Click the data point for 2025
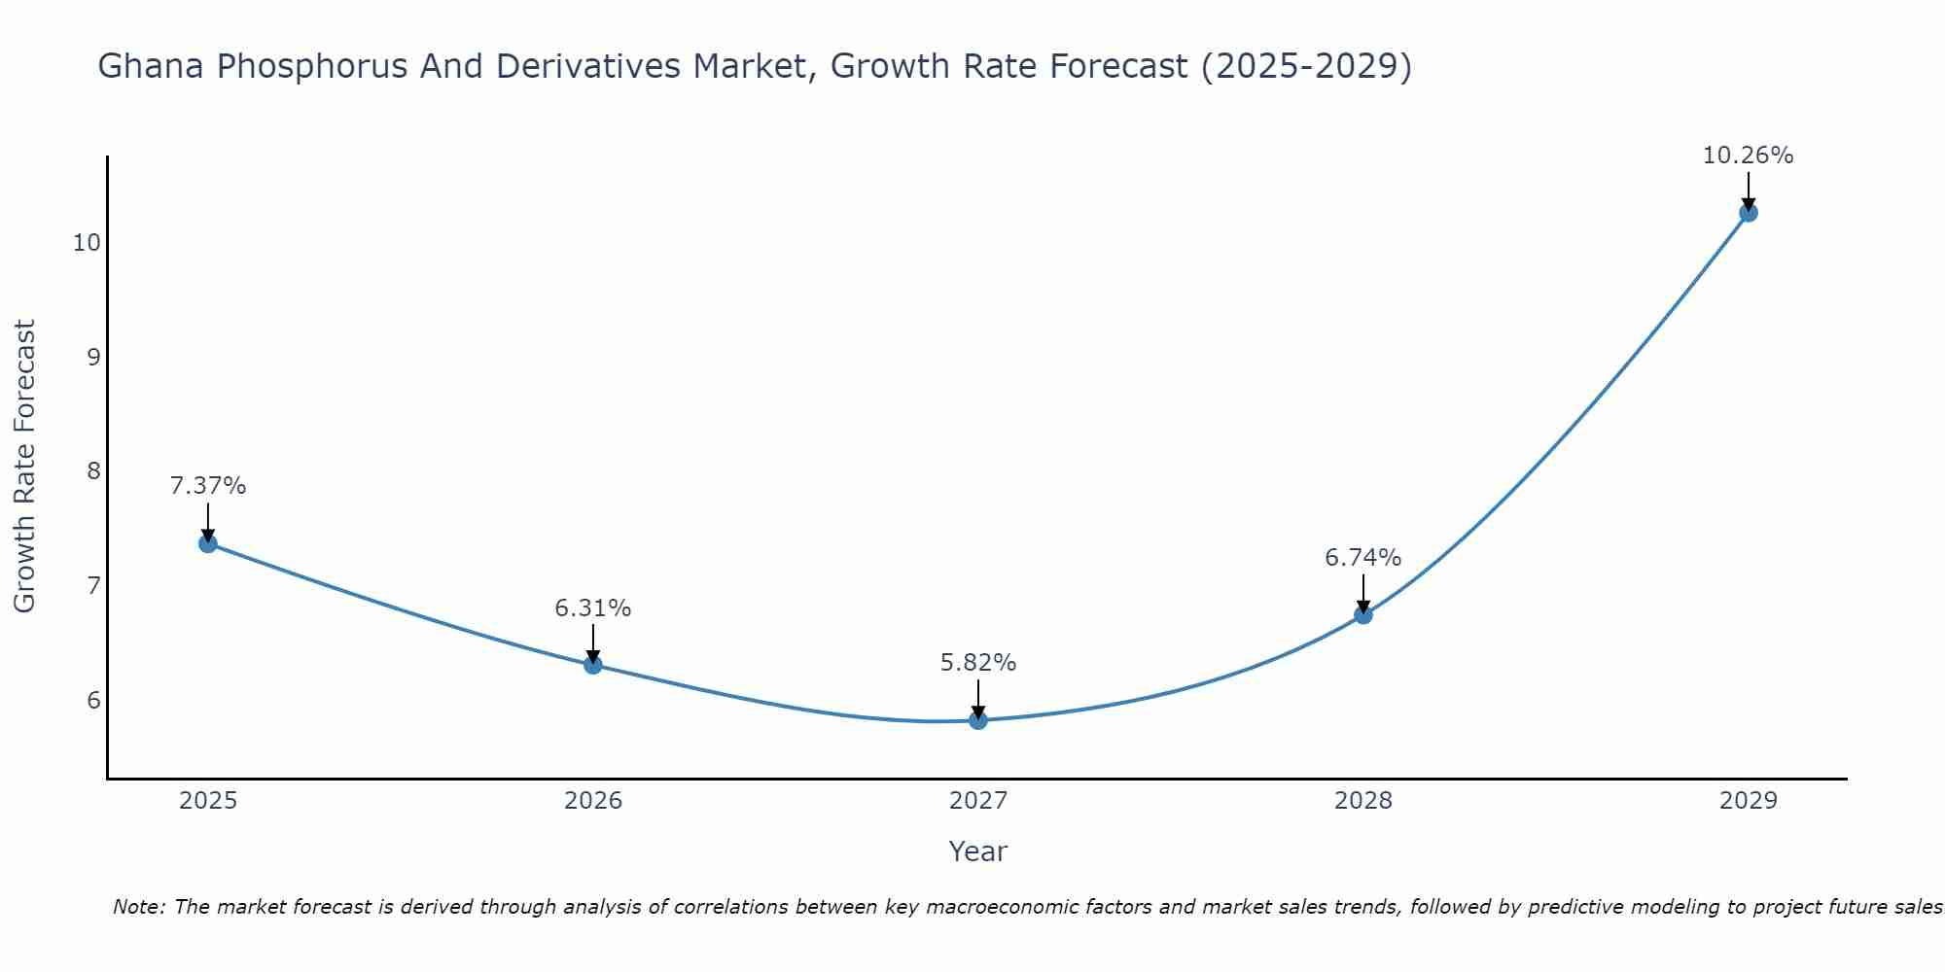tap(207, 543)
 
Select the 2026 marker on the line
tap(592, 665)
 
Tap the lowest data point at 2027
tap(977, 720)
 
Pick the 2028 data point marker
tap(1362, 614)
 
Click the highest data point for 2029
tap(1748, 213)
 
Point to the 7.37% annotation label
tap(207, 485)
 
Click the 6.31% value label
tap(592, 608)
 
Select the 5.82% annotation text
tap(977, 663)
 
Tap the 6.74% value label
tap(1362, 557)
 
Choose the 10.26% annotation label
tap(1748, 156)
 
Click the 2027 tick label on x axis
tap(977, 801)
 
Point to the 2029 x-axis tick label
tap(1748, 801)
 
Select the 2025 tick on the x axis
tap(207, 801)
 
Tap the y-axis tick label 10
tap(87, 242)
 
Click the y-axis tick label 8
tap(93, 471)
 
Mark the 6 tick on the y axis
tap(93, 700)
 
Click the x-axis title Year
tap(977, 851)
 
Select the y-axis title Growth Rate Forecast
tap(24, 466)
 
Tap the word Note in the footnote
tap(139, 907)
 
